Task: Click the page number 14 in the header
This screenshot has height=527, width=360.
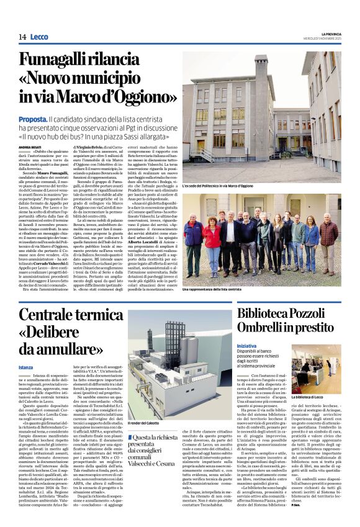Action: click(22, 37)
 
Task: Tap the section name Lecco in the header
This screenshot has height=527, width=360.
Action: click(40, 37)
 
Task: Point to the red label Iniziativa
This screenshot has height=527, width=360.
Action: click(248, 345)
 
